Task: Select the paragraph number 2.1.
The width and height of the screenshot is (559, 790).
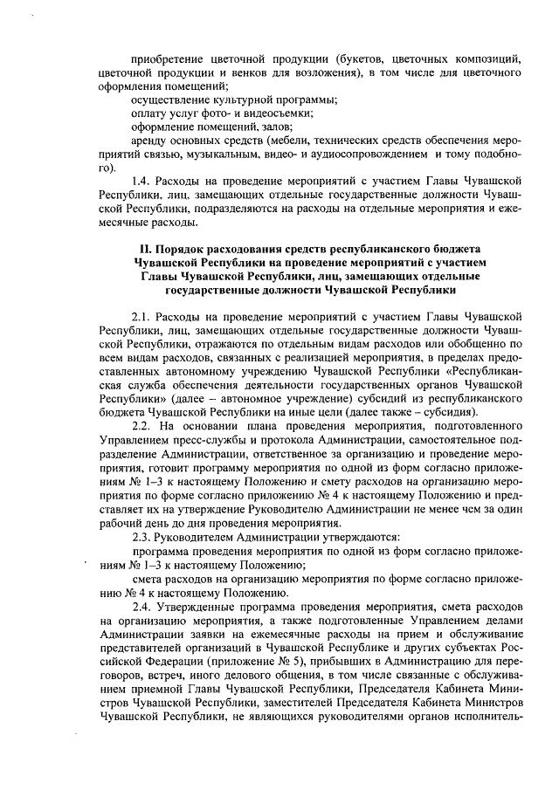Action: point(141,316)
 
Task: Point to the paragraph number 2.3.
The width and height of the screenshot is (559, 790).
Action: point(141,537)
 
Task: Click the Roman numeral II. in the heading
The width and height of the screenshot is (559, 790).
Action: point(133,249)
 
